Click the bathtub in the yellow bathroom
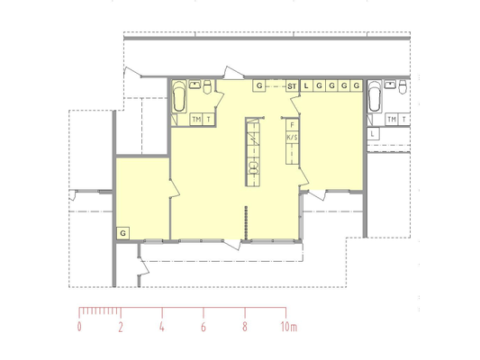(179, 96)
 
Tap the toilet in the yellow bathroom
(207, 86)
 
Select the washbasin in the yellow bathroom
(195, 85)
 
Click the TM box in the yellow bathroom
(196, 120)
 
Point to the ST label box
(292, 85)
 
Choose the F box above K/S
(292, 125)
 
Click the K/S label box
(292, 138)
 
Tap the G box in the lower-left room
(122, 233)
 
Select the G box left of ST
(259, 85)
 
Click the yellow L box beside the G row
(306, 85)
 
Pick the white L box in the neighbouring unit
(373, 134)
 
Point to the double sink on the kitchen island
(253, 167)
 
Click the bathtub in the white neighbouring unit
(375, 96)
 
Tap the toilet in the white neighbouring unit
(403, 86)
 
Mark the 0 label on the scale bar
(79, 327)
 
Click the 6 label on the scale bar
(204, 327)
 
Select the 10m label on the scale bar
(289, 327)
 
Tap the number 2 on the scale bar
(121, 327)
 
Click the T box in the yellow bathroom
(209, 120)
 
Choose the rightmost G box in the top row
(357, 85)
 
